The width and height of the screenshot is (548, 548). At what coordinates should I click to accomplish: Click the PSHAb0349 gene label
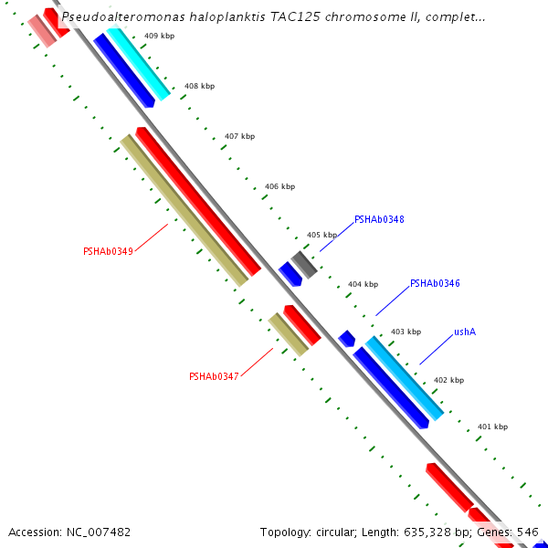[108, 251]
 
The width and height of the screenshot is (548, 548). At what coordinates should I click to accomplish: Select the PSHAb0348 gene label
[379, 219]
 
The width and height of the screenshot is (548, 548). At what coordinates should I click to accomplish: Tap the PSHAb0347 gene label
[214, 376]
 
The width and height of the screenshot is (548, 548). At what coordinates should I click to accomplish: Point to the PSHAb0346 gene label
[435, 284]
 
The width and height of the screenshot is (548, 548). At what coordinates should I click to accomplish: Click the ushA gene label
[465, 332]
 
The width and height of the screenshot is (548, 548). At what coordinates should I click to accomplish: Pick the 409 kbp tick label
[160, 36]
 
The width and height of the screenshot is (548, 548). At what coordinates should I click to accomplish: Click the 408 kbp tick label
[199, 86]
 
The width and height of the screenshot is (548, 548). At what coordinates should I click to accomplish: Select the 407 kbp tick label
[239, 136]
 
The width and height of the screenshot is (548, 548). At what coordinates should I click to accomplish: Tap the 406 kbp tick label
[279, 186]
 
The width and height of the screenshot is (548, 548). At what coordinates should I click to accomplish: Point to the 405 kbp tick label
[321, 235]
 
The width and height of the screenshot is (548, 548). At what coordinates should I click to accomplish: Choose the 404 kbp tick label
[363, 284]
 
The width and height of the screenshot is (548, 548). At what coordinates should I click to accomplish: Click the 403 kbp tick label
[406, 332]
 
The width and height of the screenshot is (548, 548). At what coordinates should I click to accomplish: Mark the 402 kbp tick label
[448, 380]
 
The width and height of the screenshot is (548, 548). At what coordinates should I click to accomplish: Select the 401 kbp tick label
[492, 427]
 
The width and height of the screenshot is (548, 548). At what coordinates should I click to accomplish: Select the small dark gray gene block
[304, 264]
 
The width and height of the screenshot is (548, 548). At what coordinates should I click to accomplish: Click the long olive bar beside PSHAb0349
[184, 211]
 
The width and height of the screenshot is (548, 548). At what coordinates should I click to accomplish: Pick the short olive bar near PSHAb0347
[289, 334]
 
